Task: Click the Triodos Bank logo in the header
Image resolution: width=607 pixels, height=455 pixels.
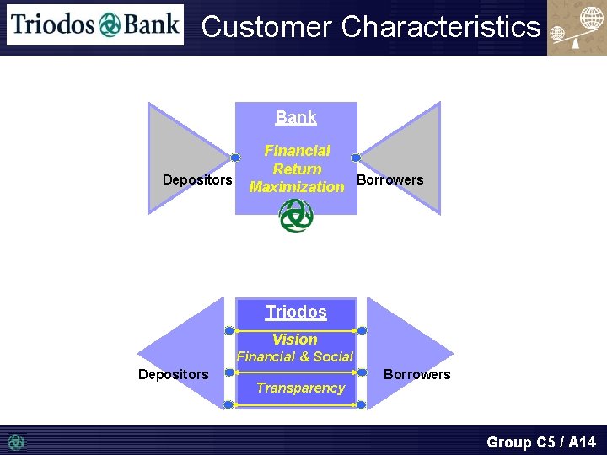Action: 94,24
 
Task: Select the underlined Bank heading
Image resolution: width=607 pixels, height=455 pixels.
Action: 296,118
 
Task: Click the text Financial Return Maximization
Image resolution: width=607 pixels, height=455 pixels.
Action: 297,169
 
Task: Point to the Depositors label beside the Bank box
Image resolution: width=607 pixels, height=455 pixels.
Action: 197,179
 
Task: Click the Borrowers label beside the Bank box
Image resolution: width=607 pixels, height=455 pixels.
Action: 390,179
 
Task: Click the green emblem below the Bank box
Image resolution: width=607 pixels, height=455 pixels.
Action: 296,216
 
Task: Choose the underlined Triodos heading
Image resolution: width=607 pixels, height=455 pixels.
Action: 296,312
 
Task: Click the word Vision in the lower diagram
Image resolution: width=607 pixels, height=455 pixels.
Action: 295,340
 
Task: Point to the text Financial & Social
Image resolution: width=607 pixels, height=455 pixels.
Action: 295,356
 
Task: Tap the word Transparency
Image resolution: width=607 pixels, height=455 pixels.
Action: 300,388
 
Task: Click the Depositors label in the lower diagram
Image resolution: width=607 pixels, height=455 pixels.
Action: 174,374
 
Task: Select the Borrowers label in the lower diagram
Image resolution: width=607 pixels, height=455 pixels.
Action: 417,374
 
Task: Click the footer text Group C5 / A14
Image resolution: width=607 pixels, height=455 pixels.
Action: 541,442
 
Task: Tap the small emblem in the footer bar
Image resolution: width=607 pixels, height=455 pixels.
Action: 17,442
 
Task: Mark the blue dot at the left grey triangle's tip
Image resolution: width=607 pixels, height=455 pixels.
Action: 235,158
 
